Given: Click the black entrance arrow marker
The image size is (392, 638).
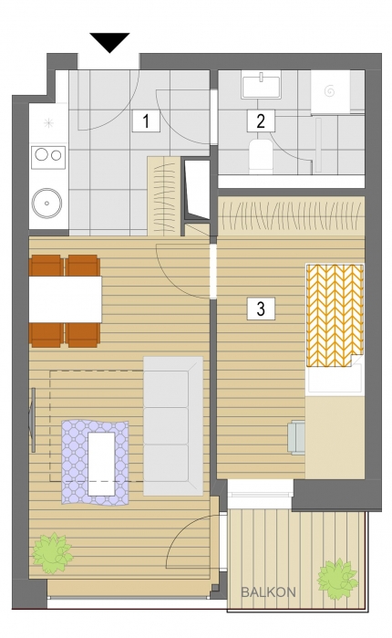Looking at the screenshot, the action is [x=109, y=42].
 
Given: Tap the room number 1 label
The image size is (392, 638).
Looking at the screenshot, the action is [x=146, y=120].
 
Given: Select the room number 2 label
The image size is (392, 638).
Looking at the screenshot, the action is [x=261, y=120].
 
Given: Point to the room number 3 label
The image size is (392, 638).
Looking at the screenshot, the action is [x=261, y=308].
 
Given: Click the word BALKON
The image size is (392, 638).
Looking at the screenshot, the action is [x=269, y=592].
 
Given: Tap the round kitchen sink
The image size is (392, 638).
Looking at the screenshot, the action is [x=47, y=203].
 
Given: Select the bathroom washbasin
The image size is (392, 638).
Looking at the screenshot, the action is [x=262, y=85].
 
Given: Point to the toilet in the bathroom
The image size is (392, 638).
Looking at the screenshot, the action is [x=261, y=156].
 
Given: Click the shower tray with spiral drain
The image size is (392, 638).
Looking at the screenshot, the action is [x=330, y=92].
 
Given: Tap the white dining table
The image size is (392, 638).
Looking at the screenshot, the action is [x=65, y=299].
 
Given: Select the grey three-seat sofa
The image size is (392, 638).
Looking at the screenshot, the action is [x=173, y=426].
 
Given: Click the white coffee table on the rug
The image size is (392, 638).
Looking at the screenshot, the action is [x=101, y=464].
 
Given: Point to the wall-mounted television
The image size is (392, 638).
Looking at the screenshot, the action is [x=32, y=420].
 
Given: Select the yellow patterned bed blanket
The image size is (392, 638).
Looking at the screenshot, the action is [x=335, y=315].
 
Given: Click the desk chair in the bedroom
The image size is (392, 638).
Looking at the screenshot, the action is [x=296, y=437].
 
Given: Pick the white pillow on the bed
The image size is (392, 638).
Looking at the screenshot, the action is [x=335, y=379].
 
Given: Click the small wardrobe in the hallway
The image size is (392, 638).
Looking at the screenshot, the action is [x=163, y=196].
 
